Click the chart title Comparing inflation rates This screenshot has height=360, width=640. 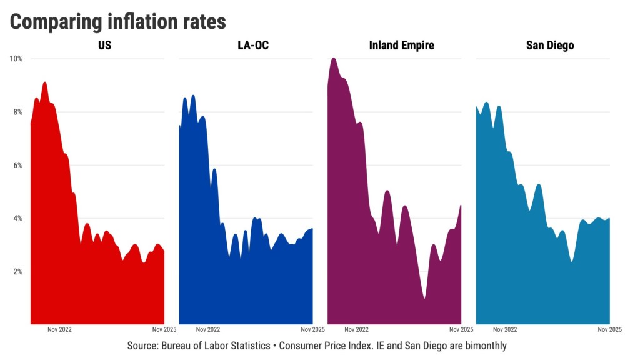pyautogui.click(x=117, y=21)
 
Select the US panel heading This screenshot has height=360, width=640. pyautogui.click(x=104, y=46)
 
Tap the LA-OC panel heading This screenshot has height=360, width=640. pyautogui.click(x=253, y=46)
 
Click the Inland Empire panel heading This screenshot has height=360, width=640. pyautogui.click(x=401, y=46)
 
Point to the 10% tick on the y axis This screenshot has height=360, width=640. pyautogui.click(x=16, y=59)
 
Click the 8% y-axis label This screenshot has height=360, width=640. pyautogui.click(x=18, y=112)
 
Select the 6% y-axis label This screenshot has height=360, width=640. pyautogui.click(x=18, y=165)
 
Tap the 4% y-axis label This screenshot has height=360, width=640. pyautogui.click(x=18, y=218)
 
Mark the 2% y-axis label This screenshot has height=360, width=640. pyautogui.click(x=18, y=271)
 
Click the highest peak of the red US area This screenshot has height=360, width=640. pyautogui.click(x=44, y=82)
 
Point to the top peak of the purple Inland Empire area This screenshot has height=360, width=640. pyautogui.click(x=334, y=58)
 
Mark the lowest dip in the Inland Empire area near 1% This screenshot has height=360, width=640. pyautogui.click(x=424, y=298)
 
